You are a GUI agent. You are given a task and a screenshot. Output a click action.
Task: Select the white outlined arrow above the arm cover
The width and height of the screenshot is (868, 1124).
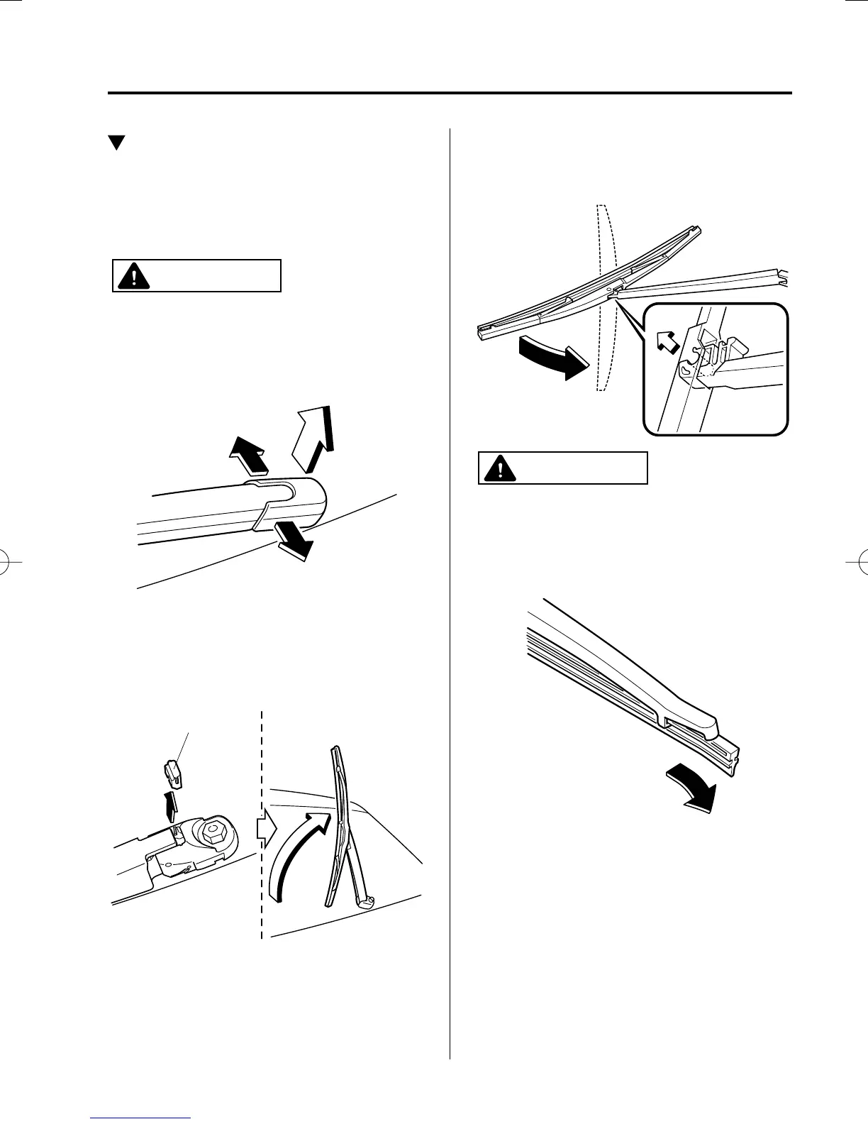pyautogui.click(x=312, y=439)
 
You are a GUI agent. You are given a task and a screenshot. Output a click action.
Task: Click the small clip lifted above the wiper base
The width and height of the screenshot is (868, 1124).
pyautogui.click(x=172, y=774)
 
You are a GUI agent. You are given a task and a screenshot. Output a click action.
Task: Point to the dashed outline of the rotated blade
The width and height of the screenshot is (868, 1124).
pyautogui.click(x=605, y=298)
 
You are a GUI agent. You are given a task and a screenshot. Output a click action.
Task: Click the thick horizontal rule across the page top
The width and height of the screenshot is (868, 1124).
pyautogui.click(x=449, y=93)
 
